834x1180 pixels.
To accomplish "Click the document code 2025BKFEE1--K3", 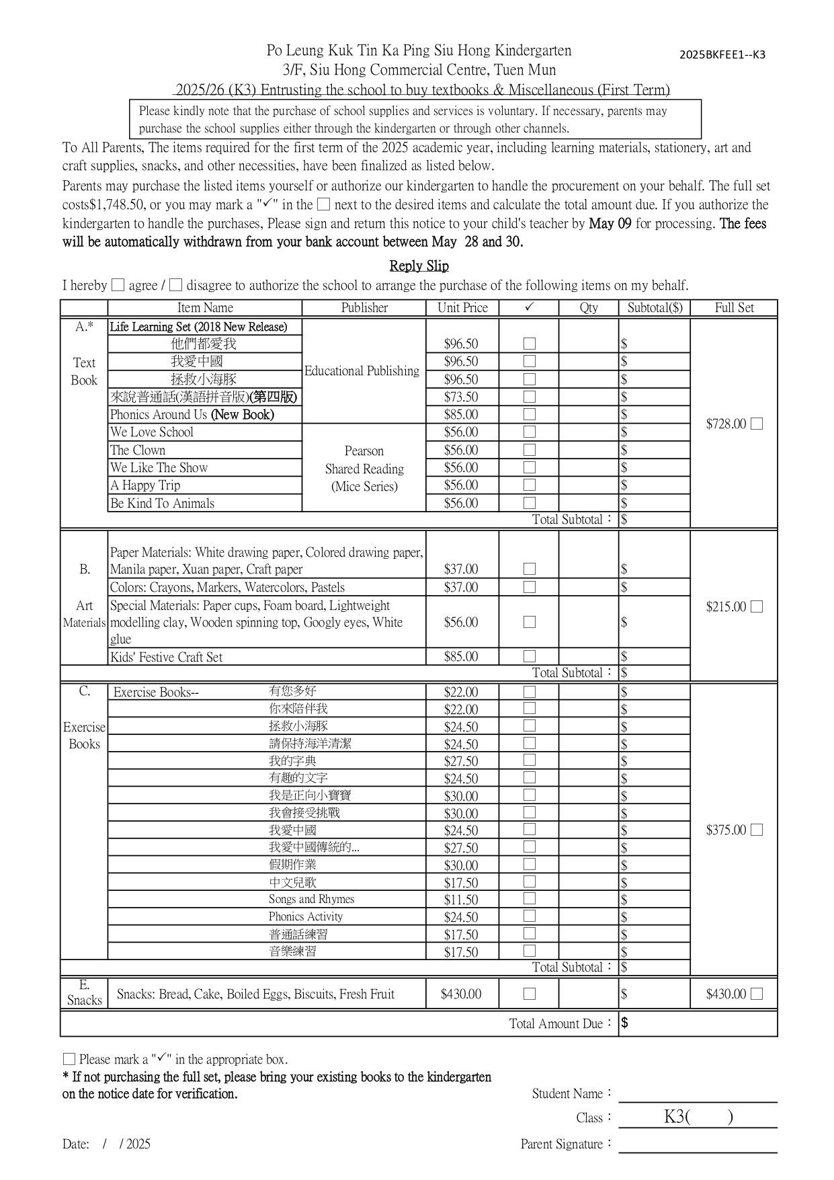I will [722, 55].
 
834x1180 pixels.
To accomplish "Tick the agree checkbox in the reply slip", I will [118, 285].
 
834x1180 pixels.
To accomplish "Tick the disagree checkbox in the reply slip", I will [175, 285].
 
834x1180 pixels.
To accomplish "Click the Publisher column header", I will [364, 308].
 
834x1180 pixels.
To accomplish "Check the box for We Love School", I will [530, 432].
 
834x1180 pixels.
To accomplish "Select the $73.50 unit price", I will [461, 397].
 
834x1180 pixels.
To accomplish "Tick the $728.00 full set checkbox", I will [757, 424].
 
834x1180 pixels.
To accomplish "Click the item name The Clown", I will [138, 450].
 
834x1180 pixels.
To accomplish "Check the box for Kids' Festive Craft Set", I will [530, 656].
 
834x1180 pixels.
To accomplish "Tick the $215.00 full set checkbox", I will [757, 606].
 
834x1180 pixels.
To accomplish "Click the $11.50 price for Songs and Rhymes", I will [461, 900].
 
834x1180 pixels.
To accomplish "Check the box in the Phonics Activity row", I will [530, 916].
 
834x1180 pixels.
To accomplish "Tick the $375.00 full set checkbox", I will [757, 830].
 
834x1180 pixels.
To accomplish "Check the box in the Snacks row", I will [530, 994].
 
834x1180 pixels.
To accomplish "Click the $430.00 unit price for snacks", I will [461, 994].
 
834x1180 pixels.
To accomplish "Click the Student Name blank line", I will [697, 1096].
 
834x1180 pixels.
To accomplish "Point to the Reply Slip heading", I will [419, 266].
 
